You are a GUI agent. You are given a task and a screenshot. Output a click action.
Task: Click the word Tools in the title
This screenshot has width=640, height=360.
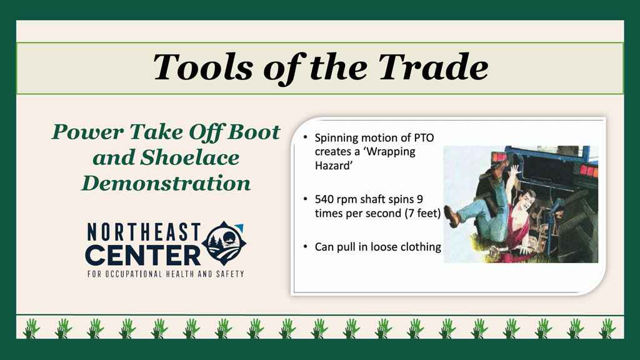click(203, 67)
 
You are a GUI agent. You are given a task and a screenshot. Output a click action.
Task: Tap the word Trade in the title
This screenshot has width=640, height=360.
click(433, 67)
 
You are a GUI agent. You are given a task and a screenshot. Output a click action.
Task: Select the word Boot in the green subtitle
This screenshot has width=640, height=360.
click(254, 132)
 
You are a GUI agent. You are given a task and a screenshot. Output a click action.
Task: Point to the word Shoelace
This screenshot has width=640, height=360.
click(189, 157)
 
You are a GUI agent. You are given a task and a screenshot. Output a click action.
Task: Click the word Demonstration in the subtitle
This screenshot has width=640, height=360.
click(166, 183)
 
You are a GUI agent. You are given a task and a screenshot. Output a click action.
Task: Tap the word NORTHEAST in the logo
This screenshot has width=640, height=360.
click(144, 232)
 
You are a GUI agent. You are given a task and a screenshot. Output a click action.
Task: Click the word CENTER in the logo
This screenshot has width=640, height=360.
click(143, 256)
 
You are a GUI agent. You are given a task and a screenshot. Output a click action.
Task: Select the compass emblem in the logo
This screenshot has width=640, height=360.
click(225, 244)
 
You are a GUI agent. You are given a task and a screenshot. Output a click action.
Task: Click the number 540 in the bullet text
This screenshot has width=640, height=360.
click(324, 199)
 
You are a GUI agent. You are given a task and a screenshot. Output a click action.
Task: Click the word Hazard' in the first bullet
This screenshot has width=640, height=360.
click(334, 166)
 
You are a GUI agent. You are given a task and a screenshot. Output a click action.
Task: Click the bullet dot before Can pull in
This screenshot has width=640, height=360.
click(305, 246)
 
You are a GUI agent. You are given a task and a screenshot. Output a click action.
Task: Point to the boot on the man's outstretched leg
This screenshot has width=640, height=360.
click(452, 216)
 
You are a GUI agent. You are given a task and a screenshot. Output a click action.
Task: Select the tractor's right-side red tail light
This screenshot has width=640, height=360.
click(588, 170)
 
